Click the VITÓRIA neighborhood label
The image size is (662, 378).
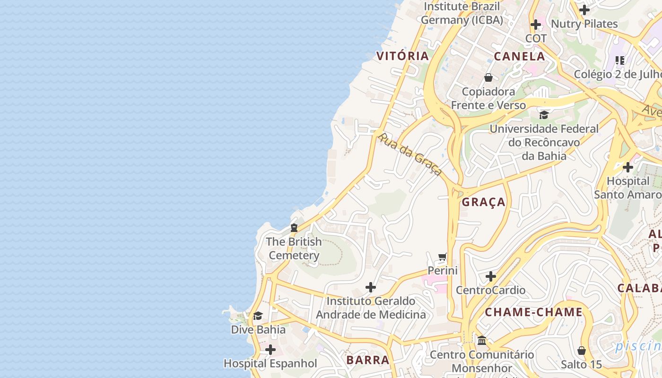[x=402, y=56]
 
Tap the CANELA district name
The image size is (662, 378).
[x=519, y=56]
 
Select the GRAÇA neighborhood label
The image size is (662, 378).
[x=483, y=202]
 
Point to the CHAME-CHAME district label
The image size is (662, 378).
[x=533, y=312]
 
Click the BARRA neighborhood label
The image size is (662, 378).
[x=368, y=360]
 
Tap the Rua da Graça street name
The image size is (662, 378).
[x=410, y=154]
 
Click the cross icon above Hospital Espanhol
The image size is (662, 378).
[x=270, y=350]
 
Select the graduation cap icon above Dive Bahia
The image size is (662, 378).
[x=258, y=316]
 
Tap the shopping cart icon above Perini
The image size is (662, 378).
[x=443, y=257]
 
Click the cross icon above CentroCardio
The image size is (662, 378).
[x=491, y=276]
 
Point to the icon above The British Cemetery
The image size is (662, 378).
[x=294, y=228]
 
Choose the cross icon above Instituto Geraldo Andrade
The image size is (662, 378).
[x=371, y=287]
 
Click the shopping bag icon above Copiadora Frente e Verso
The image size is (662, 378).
[x=488, y=77]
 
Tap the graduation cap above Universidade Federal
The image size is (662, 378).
[x=544, y=115]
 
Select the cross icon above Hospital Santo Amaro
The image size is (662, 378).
[x=627, y=167]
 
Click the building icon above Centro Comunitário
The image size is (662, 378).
[x=482, y=340]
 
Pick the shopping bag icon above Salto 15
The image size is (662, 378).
[x=582, y=351]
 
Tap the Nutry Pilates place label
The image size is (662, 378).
[x=584, y=24]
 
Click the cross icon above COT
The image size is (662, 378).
[x=536, y=24]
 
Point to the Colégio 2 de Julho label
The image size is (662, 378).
[x=617, y=74]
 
